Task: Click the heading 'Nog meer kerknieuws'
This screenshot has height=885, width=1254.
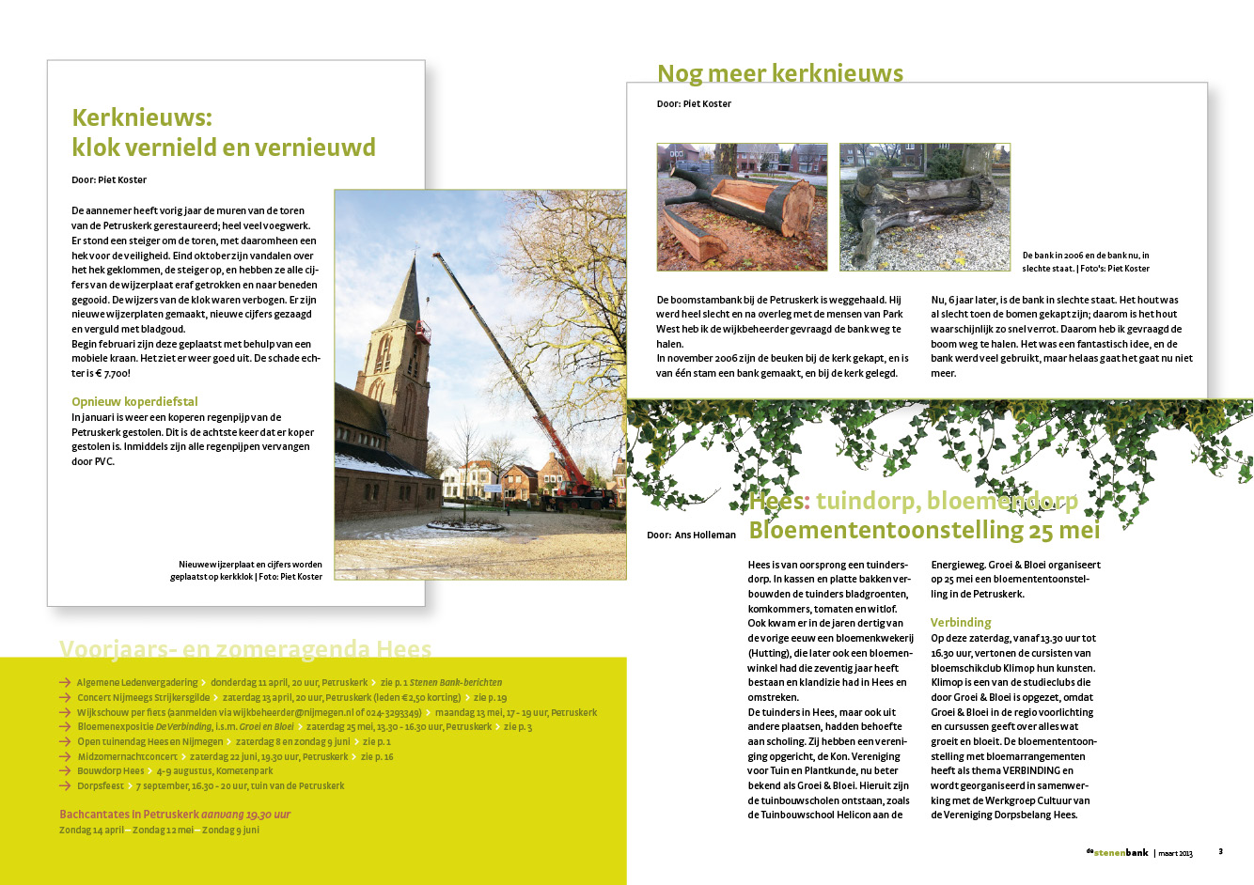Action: [x=779, y=73]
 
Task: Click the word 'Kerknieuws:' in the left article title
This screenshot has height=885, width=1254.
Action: [x=142, y=117]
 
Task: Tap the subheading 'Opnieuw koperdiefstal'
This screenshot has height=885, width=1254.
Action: [x=134, y=401]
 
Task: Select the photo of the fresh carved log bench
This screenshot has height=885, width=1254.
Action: [x=742, y=207]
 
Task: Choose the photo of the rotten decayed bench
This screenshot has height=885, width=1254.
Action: [x=924, y=207]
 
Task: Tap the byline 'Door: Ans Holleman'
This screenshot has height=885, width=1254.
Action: [x=691, y=535]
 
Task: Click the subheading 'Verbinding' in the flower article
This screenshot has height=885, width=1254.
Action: [x=961, y=622]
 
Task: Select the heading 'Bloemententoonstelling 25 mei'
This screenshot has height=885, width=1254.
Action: [x=924, y=530]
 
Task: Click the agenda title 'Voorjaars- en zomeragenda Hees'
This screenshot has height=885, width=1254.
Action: [x=244, y=648]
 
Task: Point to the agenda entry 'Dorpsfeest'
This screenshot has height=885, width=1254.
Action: [x=101, y=785]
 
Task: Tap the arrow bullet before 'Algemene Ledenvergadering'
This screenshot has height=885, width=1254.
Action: [x=65, y=683]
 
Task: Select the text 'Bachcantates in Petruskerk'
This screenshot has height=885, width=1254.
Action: [x=128, y=815]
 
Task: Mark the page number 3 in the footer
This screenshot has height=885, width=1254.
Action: [x=1220, y=852]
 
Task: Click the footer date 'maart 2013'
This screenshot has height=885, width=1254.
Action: [x=1175, y=853]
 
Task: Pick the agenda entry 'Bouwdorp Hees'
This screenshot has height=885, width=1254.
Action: [x=111, y=770]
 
